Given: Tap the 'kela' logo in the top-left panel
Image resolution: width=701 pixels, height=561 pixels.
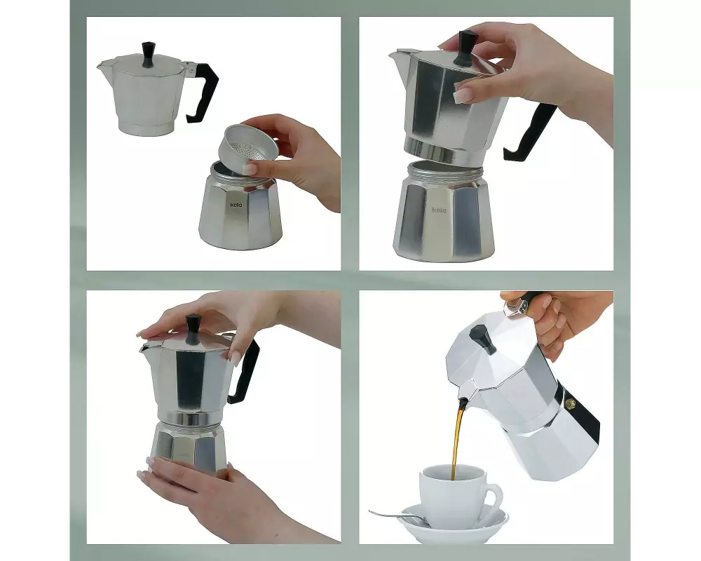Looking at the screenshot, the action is pyautogui.click(x=236, y=205).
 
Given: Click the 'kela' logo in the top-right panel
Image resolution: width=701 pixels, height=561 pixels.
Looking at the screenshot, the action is pyautogui.click(x=439, y=210).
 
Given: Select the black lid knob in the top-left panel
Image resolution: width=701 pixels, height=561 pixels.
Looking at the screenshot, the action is pyautogui.click(x=148, y=55).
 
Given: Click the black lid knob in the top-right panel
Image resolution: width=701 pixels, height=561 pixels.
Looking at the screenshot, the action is pyautogui.click(x=465, y=48).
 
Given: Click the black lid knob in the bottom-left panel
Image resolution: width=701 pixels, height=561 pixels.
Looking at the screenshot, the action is pyautogui.click(x=193, y=329).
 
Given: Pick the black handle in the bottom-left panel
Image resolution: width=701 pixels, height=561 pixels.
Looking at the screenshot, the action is pyautogui.click(x=245, y=372).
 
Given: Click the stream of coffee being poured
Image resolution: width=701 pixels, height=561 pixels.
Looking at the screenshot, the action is pyautogui.click(x=458, y=439).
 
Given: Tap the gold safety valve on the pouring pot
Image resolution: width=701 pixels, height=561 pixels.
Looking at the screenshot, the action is pyautogui.click(x=569, y=403).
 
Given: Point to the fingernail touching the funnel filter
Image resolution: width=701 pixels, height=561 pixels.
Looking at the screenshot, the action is pyautogui.click(x=250, y=169).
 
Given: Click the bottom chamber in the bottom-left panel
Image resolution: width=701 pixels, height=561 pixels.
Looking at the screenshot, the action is pyautogui.click(x=188, y=447).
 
